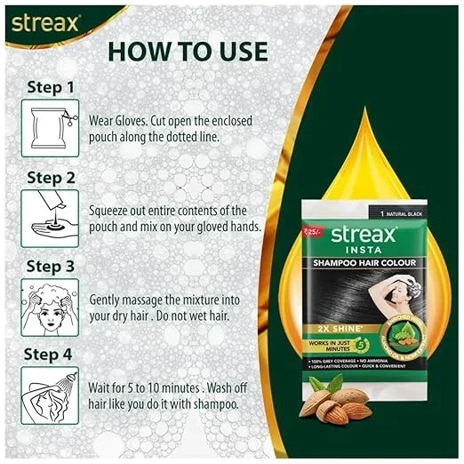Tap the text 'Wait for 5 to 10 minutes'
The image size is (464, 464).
point(148,387)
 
